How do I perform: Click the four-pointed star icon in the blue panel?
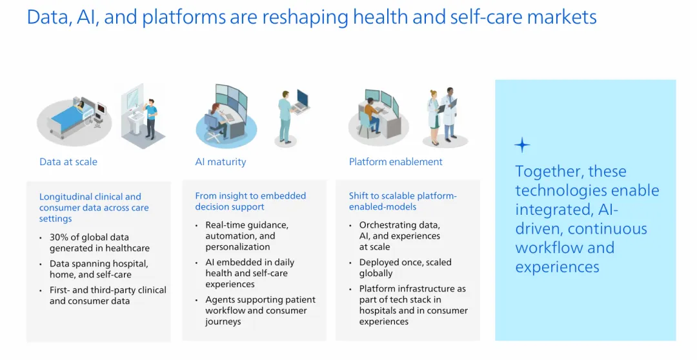[522, 145]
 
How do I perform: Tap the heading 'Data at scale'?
[68, 162]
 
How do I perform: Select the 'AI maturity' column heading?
[221, 162]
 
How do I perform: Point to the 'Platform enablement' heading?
[396, 162]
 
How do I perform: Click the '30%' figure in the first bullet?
[58, 237]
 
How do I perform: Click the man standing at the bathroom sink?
[151, 118]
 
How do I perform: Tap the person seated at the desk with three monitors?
[372, 115]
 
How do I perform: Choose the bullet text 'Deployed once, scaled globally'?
[405, 268]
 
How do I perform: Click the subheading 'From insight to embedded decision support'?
[250, 201]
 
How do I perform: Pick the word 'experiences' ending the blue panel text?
[557, 267]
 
